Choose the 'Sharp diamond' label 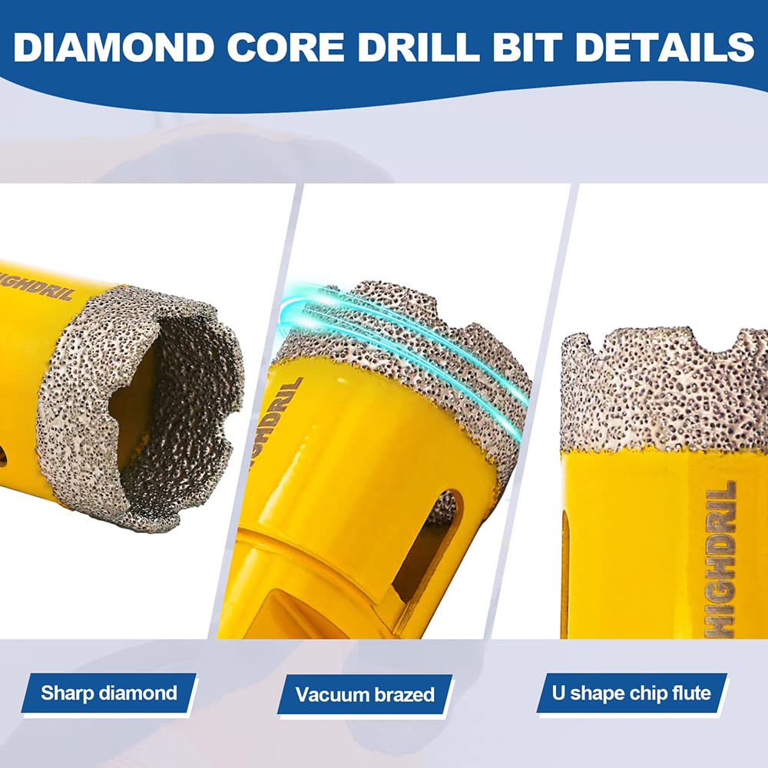point(109,694)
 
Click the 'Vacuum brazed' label point(366,695)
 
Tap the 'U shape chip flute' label point(631,694)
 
